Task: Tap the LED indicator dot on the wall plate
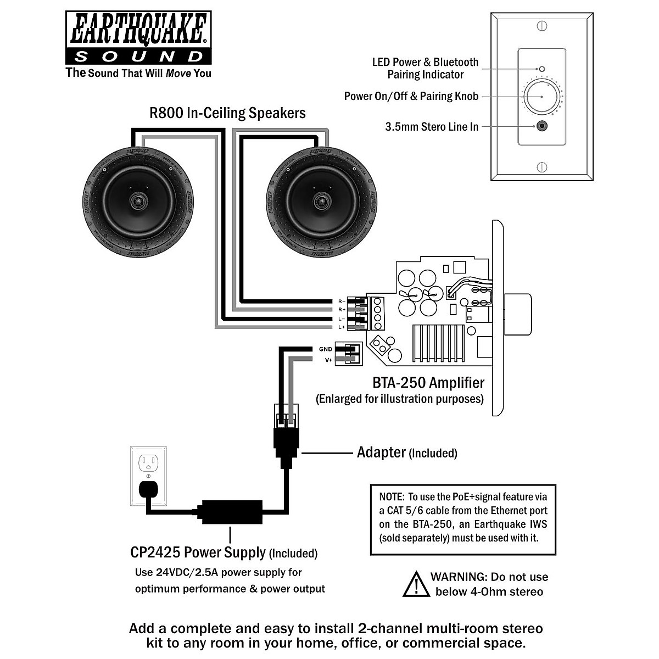tap(541, 69)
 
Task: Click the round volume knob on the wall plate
tap(541, 97)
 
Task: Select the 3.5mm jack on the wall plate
tap(542, 126)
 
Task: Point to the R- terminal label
tap(341, 301)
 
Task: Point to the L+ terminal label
tap(341, 327)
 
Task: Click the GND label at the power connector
tap(325, 349)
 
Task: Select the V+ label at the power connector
tap(328, 360)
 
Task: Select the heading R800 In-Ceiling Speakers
tap(227, 113)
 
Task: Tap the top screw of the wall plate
tap(541, 26)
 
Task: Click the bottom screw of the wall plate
tap(541, 167)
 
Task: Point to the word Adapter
tap(381, 453)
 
